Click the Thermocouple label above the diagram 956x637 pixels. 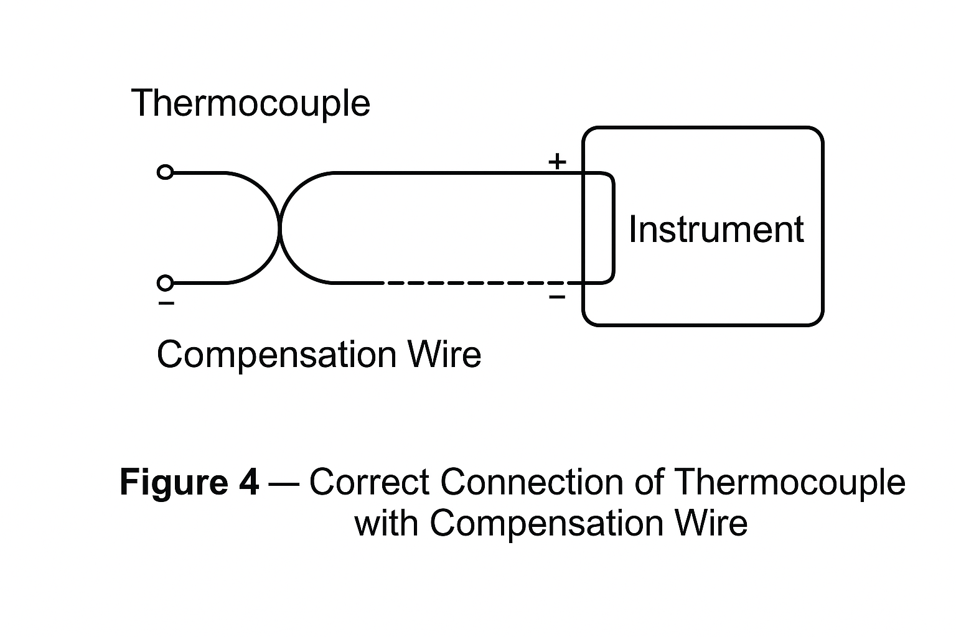click(x=250, y=103)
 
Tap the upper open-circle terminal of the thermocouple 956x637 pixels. click(x=165, y=172)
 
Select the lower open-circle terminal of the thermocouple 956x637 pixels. click(x=165, y=283)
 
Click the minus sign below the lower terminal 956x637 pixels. click(x=166, y=304)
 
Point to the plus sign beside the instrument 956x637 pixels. click(x=557, y=162)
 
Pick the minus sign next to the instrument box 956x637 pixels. click(x=557, y=297)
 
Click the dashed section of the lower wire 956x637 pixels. click(x=473, y=283)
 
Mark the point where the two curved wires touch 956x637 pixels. click(x=279, y=228)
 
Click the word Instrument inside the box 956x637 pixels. click(x=716, y=229)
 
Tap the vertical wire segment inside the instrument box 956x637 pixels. click(x=614, y=228)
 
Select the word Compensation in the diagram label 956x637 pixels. click(x=276, y=355)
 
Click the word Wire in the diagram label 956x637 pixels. click(x=444, y=355)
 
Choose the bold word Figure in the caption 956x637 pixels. click(x=172, y=482)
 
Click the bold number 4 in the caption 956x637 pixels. click(x=248, y=482)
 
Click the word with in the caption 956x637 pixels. click(x=386, y=523)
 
